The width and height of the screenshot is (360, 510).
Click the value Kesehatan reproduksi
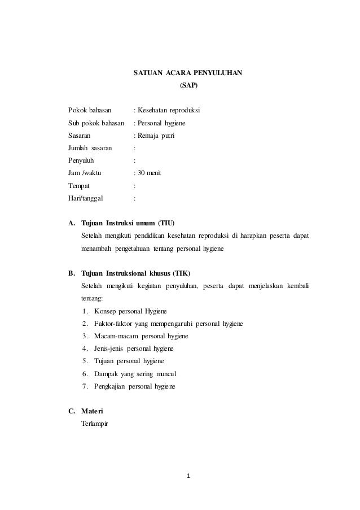tap(168, 109)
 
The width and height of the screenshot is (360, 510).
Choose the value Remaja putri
tap(156, 136)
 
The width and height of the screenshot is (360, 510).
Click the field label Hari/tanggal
tap(86, 199)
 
